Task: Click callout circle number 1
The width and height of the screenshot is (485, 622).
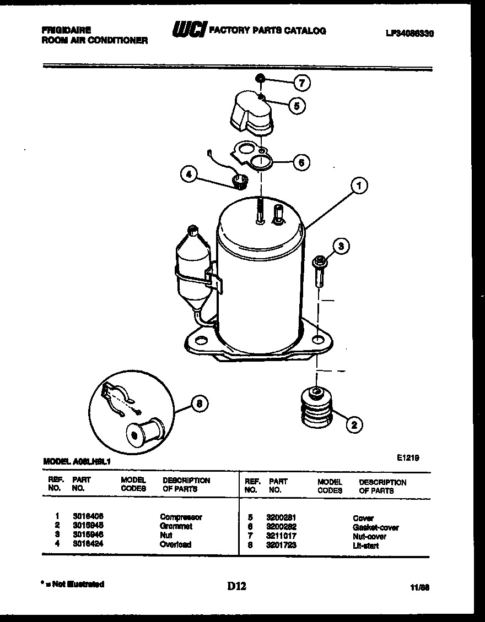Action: (359, 187)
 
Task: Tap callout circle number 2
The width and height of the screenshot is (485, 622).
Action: (354, 424)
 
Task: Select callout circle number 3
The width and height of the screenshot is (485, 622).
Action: (341, 247)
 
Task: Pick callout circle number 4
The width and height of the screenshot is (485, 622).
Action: (188, 174)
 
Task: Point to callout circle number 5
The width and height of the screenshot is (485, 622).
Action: (297, 106)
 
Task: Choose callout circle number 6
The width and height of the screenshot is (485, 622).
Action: (300, 162)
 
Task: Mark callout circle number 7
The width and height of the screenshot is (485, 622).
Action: (301, 84)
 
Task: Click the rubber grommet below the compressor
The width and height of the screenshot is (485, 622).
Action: (316, 408)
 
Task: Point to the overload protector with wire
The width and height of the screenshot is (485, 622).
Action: (238, 180)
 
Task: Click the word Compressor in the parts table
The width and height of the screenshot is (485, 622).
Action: (181, 517)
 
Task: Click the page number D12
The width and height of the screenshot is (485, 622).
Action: (236, 587)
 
